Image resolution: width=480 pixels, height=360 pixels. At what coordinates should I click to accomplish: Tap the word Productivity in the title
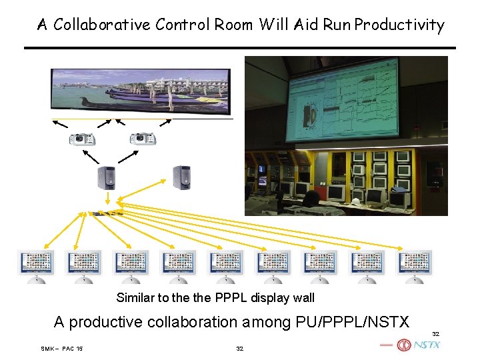click(399, 25)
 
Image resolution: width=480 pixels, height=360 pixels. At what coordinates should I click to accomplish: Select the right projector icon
click(142, 139)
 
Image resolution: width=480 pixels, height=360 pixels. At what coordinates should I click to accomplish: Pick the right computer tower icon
click(181, 176)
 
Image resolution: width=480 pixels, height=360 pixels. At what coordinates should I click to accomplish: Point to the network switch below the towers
click(109, 213)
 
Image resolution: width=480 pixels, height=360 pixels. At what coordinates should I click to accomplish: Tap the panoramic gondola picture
click(140, 91)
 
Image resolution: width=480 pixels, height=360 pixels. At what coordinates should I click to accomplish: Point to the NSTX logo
click(419, 345)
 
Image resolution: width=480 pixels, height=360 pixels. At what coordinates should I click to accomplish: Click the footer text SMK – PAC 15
click(61, 349)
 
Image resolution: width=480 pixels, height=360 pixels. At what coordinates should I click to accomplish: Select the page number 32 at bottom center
click(240, 349)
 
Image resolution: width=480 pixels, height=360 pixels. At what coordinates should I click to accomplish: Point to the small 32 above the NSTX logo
click(436, 333)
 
